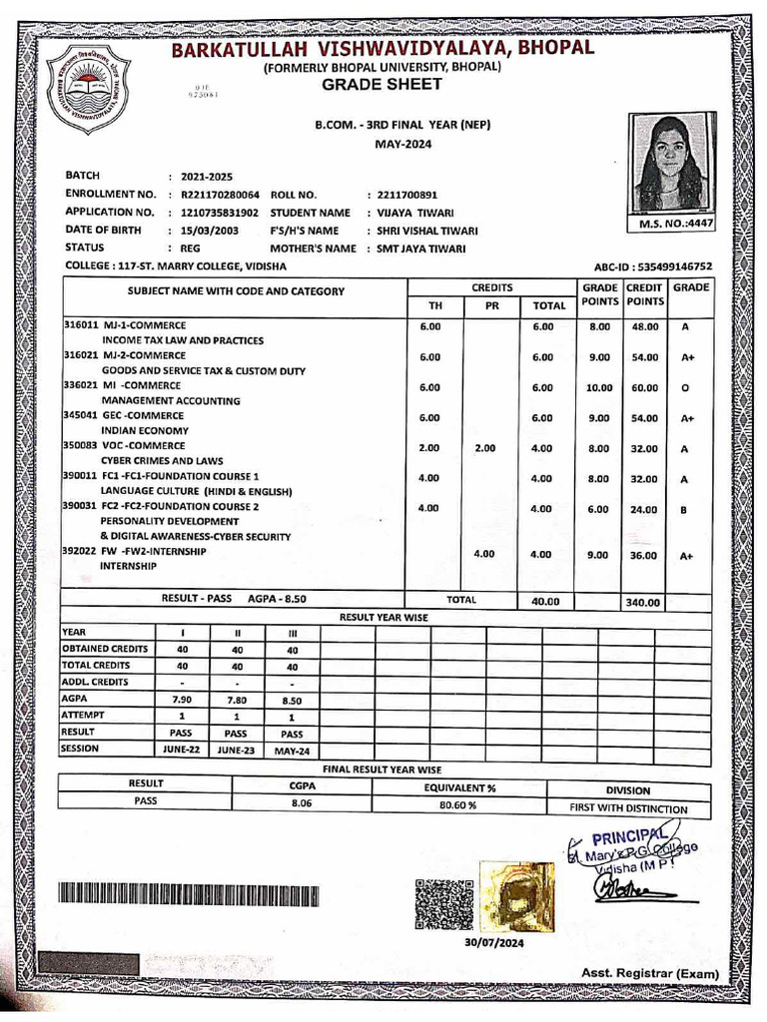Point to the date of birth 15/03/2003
209,230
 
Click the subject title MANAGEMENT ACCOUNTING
170,401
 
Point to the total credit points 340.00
643,602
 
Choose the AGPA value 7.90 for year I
182,700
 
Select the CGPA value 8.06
302,801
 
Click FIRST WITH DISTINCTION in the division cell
628,808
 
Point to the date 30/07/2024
493,942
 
